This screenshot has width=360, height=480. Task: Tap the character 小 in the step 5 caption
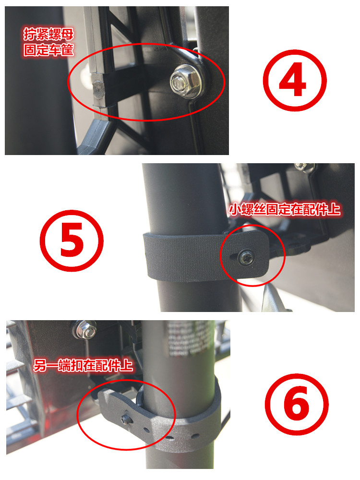(x=234, y=210)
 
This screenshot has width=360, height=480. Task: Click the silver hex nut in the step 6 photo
(x=80, y=329)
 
